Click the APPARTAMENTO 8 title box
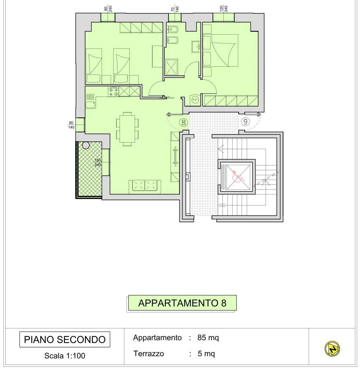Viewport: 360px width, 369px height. (x=182, y=303)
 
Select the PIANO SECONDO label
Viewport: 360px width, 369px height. (x=65, y=339)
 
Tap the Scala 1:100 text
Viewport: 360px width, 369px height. (x=65, y=356)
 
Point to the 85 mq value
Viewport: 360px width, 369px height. (x=208, y=338)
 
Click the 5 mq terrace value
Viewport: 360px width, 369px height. (x=206, y=354)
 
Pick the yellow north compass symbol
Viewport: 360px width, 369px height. (x=332, y=349)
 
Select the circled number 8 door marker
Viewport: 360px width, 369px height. (x=183, y=122)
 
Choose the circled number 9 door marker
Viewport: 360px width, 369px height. (x=245, y=121)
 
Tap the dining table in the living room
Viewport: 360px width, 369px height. (x=127, y=129)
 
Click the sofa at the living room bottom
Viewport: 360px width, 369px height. (x=145, y=186)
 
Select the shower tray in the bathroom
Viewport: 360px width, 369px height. (x=172, y=67)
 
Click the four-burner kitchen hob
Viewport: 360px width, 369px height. (x=114, y=92)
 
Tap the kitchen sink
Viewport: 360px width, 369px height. (x=91, y=105)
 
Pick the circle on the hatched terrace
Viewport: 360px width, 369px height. (x=86, y=145)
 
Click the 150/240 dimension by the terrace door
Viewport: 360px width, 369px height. (x=98, y=162)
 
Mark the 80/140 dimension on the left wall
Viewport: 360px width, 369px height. (x=71, y=125)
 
